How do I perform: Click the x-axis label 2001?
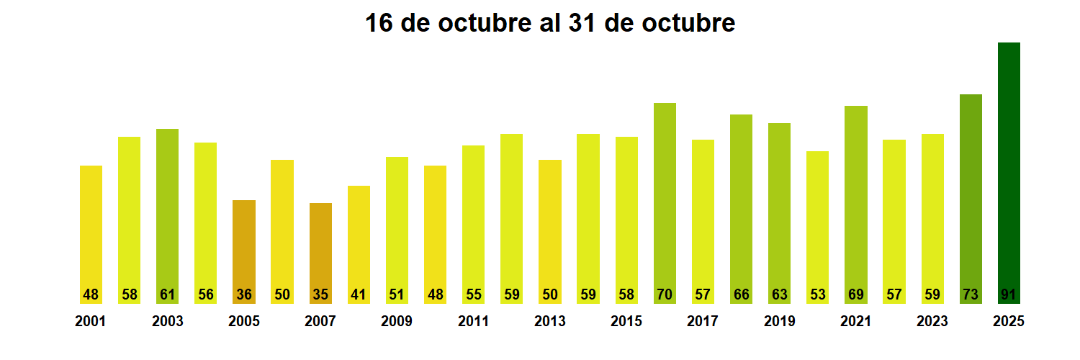(90, 322)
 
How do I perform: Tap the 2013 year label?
(549, 322)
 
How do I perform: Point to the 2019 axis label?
(779, 322)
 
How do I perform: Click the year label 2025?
(1008, 322)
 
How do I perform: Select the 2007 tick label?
(320, 322)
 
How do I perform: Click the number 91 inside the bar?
(1009, 294)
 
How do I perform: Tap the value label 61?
(167, 294)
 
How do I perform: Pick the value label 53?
(817, 294)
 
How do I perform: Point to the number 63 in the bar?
(779, 294)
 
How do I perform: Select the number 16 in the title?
(379, 23)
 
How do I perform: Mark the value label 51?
(397, 294)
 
